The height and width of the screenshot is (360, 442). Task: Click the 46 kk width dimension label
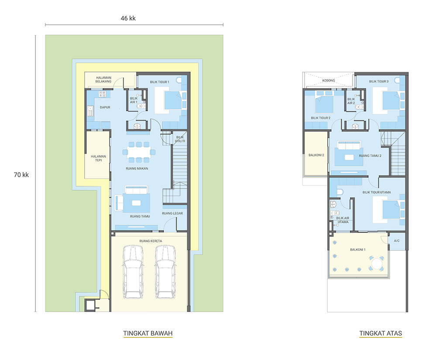(128, 18)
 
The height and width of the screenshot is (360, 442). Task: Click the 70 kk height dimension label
(21, 175)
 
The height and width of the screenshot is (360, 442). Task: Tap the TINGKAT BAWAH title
(148, 333)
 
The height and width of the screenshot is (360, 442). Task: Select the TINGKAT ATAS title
(380, 333)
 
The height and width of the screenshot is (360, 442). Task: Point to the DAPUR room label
(105, 107)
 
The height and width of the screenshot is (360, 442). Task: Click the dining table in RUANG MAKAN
(139, 152)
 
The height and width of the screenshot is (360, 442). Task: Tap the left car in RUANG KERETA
(133, 272)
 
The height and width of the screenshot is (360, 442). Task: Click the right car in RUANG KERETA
(165, 272)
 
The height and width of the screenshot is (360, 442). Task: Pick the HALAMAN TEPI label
(98, 158)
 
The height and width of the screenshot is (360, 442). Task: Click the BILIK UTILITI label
(180, 139)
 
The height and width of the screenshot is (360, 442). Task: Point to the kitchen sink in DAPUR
(90, 111)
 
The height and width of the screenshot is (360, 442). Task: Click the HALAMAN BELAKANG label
(103, 79)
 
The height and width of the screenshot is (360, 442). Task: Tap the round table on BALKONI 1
(377, 264)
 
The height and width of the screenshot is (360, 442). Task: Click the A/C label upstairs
(397, 241)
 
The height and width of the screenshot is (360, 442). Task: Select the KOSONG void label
(329, 81)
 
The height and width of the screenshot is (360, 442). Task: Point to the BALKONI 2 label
(316, 155)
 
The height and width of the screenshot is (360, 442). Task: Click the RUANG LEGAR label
(172, 213)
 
